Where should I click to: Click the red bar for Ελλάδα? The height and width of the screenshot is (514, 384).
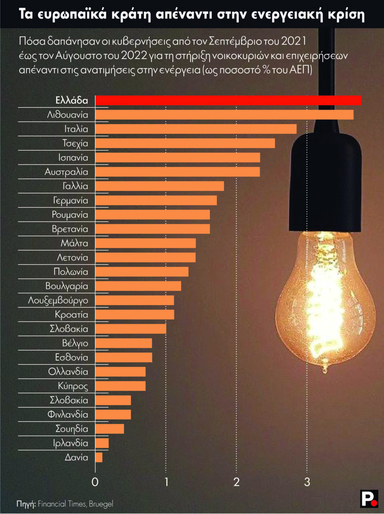point(228,101)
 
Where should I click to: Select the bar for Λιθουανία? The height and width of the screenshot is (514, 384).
point(224,115)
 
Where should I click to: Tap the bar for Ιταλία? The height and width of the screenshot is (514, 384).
point(196,129)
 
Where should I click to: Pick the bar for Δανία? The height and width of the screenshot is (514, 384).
point(99,457)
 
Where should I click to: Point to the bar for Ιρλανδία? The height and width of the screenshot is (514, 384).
point(102,443)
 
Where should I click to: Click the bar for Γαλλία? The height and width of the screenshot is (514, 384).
point(160,186)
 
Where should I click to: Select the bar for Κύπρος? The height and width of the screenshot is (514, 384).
point(120,386)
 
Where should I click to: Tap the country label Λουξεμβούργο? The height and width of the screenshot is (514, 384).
point(58,300)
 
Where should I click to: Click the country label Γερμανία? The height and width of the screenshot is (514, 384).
point(71,200)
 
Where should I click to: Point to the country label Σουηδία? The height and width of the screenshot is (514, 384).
point(72,429)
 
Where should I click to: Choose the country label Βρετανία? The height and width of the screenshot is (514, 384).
point(70,229)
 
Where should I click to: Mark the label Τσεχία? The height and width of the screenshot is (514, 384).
point(75,143)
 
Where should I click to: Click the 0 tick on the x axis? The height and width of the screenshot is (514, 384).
point(95,482)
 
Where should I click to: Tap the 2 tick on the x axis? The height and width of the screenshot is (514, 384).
point(236,482)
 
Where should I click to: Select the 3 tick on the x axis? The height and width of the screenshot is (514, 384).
point(307,482)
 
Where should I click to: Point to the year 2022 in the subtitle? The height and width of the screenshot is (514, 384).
point(134,56)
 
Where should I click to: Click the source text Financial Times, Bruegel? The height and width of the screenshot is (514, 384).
point(75,504)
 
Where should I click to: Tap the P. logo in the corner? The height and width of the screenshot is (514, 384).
point(369,499)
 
